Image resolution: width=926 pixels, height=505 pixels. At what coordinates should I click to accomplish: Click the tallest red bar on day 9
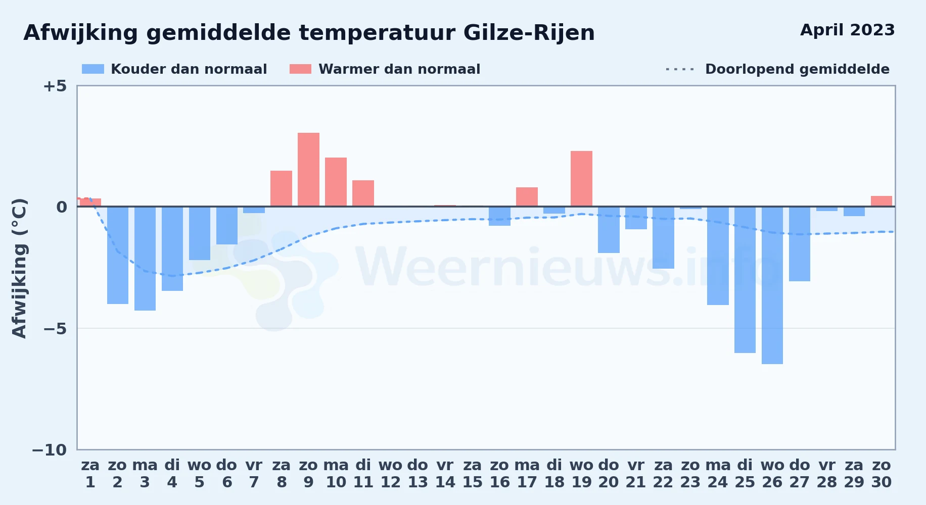coord(308,170)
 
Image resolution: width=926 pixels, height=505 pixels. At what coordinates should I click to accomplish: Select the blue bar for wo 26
coord(772,285)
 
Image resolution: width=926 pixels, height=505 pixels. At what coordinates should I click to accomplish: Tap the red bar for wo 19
coord(581,179)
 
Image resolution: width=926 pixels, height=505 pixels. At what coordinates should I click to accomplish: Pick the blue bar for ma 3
coord(145,259)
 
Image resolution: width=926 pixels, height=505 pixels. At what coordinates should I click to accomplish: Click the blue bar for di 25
coord(745,280)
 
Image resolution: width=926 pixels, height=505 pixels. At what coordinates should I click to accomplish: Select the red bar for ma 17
coord(527,197)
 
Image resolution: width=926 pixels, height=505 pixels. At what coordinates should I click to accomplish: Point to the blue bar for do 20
coord(609,230)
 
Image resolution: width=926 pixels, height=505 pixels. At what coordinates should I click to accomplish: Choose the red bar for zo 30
coord(882,201)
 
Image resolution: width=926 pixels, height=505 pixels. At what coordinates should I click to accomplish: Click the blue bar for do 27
coord(800,244)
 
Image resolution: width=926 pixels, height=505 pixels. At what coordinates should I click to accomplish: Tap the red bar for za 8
coord(281,188)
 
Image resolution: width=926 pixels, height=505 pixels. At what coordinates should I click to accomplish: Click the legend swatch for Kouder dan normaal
coord(93,69)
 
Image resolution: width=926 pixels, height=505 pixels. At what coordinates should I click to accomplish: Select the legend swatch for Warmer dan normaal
coord(300,69)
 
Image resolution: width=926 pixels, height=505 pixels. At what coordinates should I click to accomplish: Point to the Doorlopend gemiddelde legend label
coord(797,69)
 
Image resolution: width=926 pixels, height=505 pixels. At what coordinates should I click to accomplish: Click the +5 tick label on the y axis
coord(55,86)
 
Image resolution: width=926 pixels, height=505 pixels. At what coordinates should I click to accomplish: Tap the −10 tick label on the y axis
coord(50,450)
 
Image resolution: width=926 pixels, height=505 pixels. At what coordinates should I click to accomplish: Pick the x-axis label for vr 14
coord(445,474)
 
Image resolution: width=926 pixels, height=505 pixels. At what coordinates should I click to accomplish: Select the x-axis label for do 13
coord(418,474)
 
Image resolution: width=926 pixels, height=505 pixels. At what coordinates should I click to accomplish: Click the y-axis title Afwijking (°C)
coord(19,268)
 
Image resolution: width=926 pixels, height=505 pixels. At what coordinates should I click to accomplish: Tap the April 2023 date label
coord(848,30)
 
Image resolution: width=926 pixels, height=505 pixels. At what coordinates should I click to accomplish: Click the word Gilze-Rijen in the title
coord(529,33)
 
